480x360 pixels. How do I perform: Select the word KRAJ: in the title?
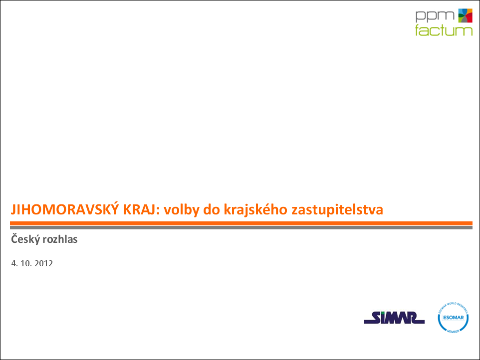141,209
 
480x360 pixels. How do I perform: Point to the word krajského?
255,210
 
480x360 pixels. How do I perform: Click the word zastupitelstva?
337,210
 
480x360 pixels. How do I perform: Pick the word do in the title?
212,209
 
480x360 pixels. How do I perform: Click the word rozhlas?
60,239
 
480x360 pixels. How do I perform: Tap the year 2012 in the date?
44,263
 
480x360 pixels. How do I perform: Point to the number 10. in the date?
26,263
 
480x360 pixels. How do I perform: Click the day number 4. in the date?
14,263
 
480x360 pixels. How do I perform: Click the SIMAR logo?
394,318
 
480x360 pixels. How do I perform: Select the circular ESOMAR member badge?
453,318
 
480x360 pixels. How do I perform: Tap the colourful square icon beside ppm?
465,15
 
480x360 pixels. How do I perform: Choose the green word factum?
444,30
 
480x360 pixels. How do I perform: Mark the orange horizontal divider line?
241,223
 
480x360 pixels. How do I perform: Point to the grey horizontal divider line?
241,227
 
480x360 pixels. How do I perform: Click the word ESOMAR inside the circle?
454,318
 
